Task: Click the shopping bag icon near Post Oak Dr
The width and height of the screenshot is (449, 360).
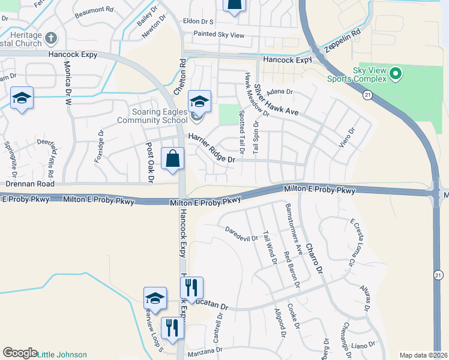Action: (x=172, y=160)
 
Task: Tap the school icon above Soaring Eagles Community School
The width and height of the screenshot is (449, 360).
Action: (x=199, y=101)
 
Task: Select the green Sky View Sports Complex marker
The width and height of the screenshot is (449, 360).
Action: (x=394, y=74)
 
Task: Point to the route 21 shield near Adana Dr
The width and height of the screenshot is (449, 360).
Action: (x=367, y=95)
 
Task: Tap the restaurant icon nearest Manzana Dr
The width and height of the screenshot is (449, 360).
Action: (x=172, y=328)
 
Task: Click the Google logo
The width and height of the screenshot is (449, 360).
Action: (x=19, y=353)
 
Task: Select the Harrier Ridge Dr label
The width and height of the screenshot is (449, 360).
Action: (x=211, y=148)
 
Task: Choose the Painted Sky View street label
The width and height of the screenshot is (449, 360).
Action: (x=218, y=35)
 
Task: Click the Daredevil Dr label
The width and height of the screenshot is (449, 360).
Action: (x=241, y=234)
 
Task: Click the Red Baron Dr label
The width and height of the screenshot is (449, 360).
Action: (x=292, y=268)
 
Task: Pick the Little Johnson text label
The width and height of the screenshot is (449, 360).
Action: (x=62, y=355)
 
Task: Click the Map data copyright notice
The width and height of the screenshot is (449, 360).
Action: (x=423, y=355)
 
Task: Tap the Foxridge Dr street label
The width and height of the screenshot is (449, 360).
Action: (x=99, y=147)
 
